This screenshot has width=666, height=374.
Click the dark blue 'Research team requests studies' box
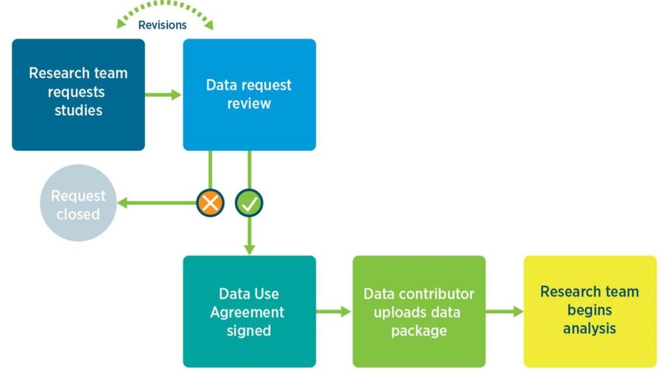(x=78, y=94)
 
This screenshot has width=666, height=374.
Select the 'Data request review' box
(x=249, y=94)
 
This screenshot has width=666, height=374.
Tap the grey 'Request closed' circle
(x=78, y=204)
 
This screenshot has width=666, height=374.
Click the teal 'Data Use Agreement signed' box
(x=249, y=312)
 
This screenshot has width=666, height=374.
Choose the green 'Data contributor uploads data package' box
(x=419, y=312)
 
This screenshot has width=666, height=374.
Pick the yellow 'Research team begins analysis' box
(x=590, y=312)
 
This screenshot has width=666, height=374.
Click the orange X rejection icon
(x=210, y=203)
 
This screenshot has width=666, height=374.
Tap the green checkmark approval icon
(x=248, y=203)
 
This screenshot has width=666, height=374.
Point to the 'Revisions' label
(x=163, y=25)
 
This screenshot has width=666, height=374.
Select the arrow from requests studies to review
(x=163, y=95)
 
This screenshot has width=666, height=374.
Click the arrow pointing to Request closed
(x=156, y=204)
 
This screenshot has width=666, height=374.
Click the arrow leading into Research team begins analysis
(x=505, y=312)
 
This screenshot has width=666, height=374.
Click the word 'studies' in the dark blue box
(x=78, y=110)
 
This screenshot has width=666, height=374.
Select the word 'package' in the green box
(x=419, y=330)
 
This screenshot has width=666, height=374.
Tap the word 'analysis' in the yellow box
(x=589, y=328)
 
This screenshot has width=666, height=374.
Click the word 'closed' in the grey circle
(x=78, y=214)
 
